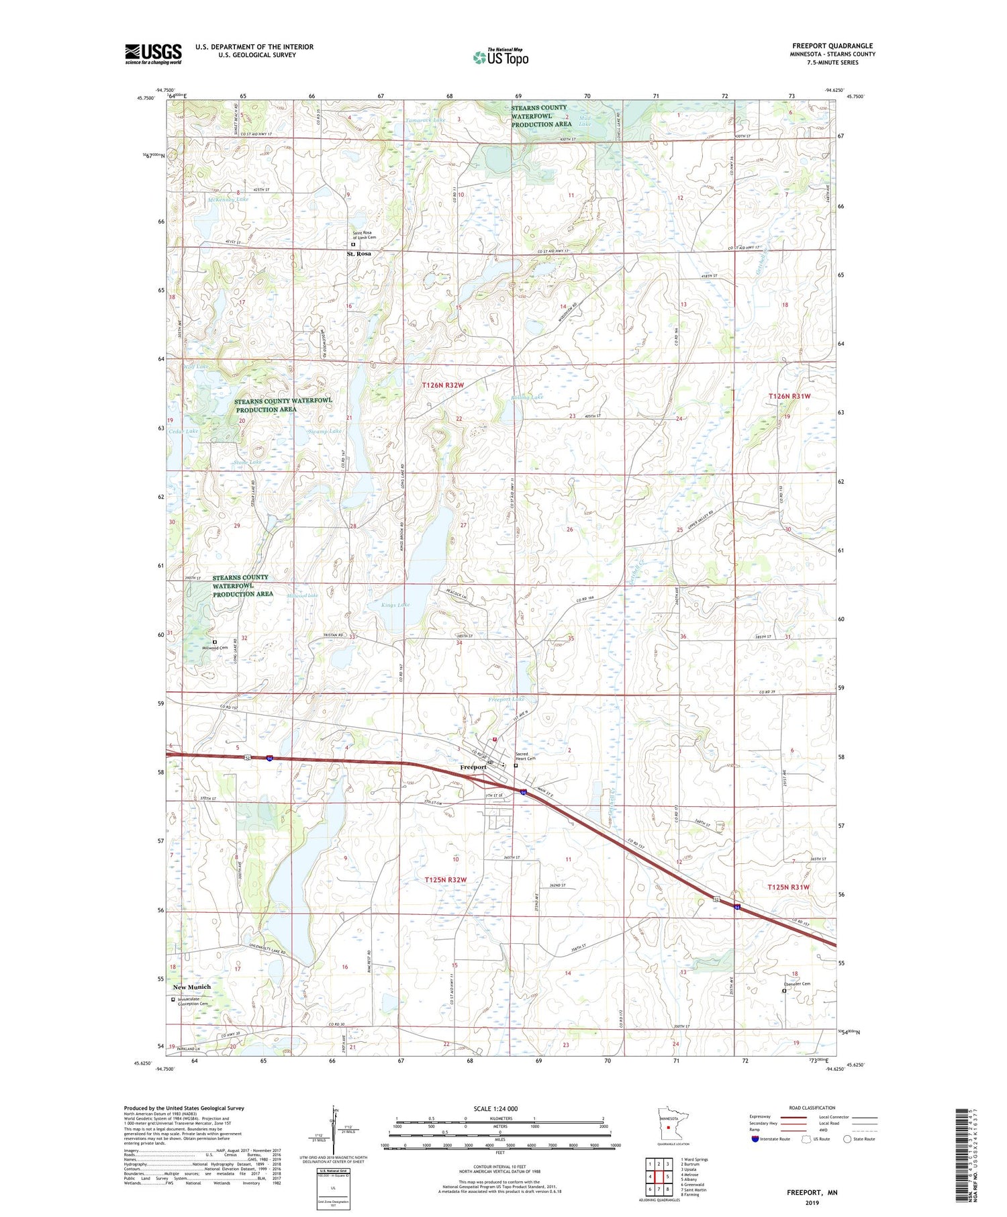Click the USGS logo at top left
point(153,54)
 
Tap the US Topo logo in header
point(500,58)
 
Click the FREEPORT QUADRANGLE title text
point(832,46)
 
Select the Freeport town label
point(473,767)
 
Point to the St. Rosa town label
point(358,254)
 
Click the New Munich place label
point(191,987)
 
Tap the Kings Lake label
point(395,605)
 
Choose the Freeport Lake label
point(506,699)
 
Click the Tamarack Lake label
point(425,120)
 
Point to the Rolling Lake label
point(527,397)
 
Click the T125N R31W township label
point(789,887)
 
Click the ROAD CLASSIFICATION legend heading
point(812,1108)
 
